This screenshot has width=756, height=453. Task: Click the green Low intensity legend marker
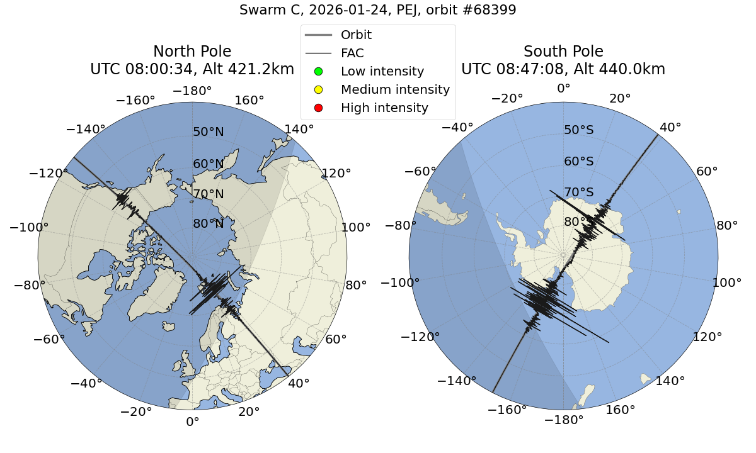(318, 71)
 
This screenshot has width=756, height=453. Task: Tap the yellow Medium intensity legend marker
(318, 89)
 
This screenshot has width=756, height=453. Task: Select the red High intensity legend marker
(318, 108)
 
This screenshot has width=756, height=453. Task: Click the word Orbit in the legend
(356, 35)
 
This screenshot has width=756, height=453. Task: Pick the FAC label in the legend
(352, 53)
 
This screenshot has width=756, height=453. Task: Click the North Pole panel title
(192, 52)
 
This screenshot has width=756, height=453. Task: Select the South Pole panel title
(563, 52)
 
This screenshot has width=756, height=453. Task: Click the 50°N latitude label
(208, 132)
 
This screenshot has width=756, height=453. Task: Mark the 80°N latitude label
(208, 224)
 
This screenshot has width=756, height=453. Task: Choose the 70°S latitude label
(578, 192)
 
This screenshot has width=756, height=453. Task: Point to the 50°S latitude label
(578, 130)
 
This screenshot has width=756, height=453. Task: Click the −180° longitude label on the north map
(192, 91)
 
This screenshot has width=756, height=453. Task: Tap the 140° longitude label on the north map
(299, 130)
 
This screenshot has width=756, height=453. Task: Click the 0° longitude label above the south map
(563, 89)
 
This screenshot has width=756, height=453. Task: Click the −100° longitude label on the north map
(34, 227)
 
